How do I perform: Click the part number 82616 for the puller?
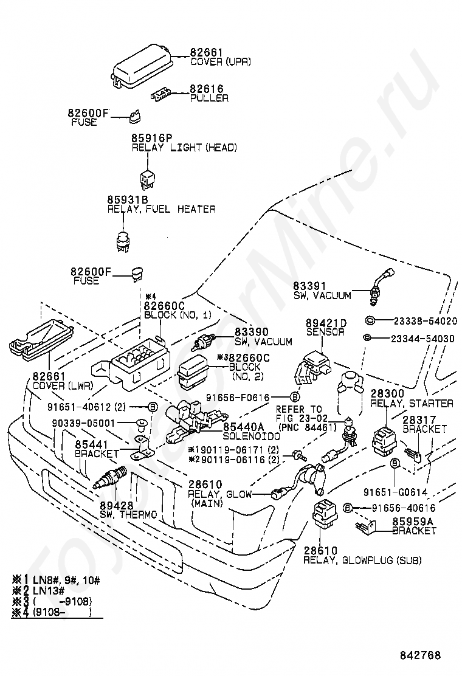pos(207,89)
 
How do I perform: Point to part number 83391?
pos(310,286)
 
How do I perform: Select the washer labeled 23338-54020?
pos(370,320)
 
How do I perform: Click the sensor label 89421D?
pos(326,323)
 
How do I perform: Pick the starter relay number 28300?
pos(388,393)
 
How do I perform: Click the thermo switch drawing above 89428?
pos(109,478)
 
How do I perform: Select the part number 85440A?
pos(244,427)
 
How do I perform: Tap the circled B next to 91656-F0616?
pos(294,396)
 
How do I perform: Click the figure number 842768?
pos(420,655)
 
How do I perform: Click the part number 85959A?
pos(413,521)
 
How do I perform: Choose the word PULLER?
pos(210,98)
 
